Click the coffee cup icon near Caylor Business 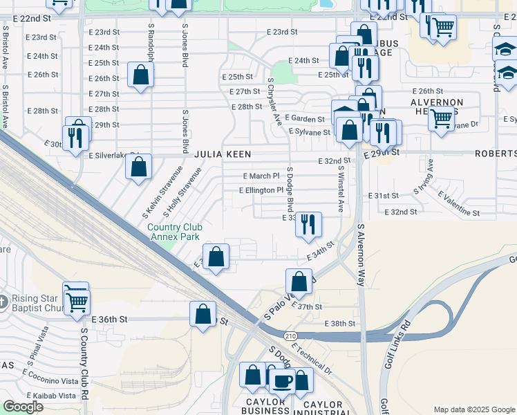coord(282,380)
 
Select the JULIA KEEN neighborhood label coord(222,154)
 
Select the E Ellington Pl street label coord(261,190)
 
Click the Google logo coord(23,407)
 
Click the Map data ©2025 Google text coord(473,409)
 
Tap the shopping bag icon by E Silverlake coord(138,167)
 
